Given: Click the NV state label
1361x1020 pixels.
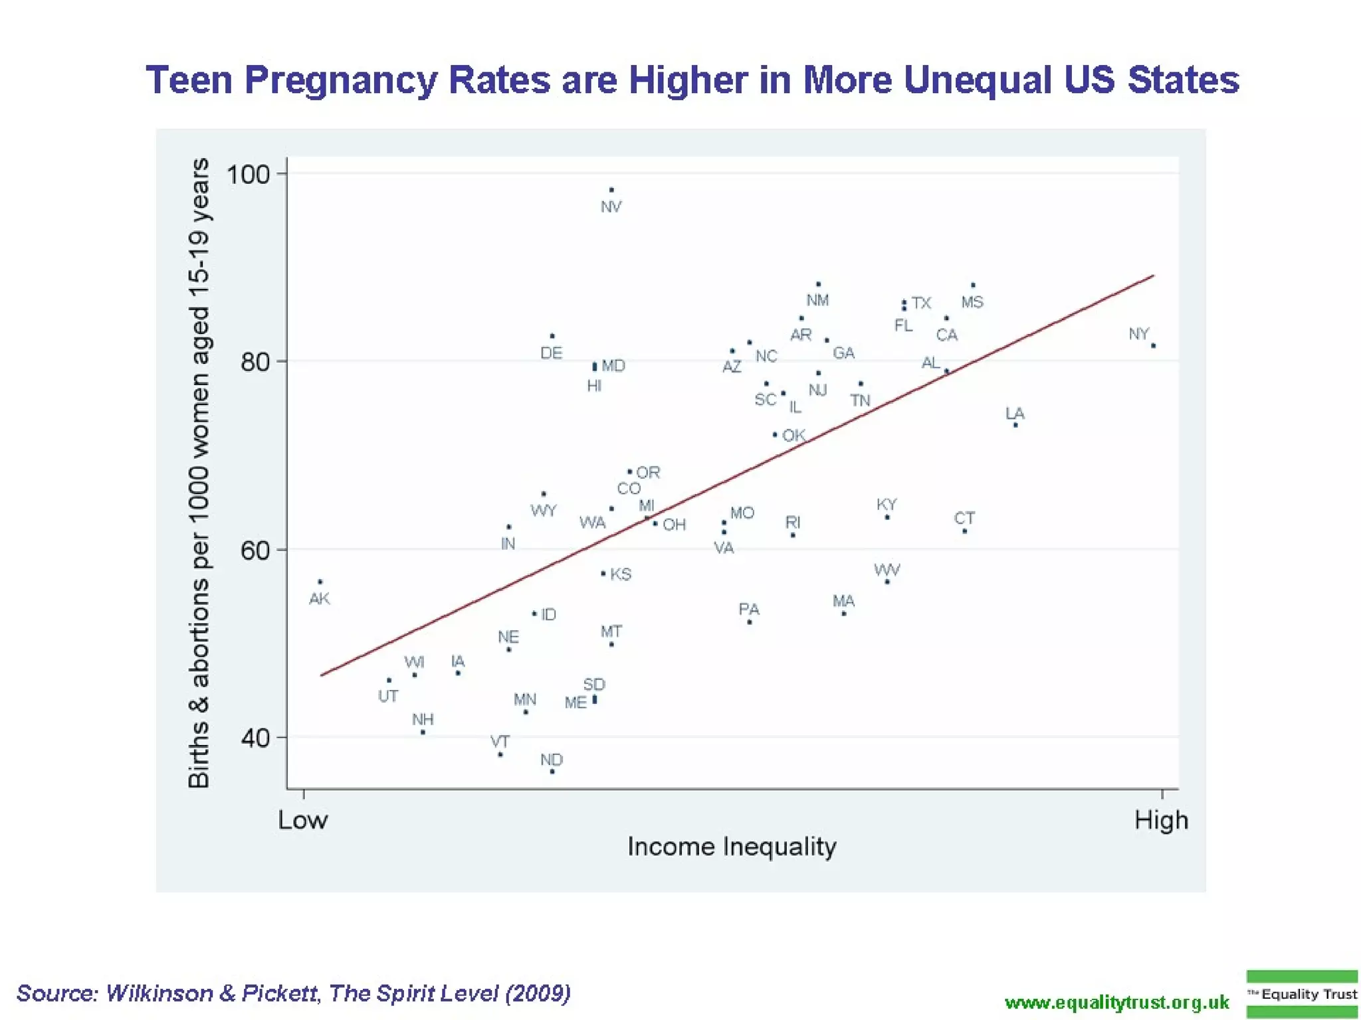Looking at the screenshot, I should pyautogui.click(x=611, y=207).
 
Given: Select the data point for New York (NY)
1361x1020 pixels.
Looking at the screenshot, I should pyautogui.click(x=1153, y=345).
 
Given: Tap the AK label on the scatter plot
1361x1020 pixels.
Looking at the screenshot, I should pyautogui.click(x=319, y=598).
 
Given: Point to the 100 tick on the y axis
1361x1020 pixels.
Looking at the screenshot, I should pyautogui.click(x=248, y=175).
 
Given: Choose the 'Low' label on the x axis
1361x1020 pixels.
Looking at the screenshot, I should pyautogui.click(x=302, y=820).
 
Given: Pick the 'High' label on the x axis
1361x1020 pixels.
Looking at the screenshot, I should pyautogui.click(x=1161, y=820).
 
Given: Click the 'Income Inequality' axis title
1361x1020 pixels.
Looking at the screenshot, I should pyautogui.click(x=732, y=847).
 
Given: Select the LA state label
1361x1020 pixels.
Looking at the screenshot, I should pyautogui.click(x=1015, y=414).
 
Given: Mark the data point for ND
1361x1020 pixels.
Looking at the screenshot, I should pyautogui.click(x=552, y=772).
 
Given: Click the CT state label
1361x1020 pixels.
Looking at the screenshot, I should pyautogui.click(x=964, y=518).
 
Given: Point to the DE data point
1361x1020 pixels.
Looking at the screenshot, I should pyautogui.click(x=552, y=336).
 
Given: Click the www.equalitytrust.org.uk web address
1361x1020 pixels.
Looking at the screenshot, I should pyautogui.click(x=1117, y=1002).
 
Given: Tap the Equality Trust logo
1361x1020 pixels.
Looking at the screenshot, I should pyautogui.click(x=1302, y=994).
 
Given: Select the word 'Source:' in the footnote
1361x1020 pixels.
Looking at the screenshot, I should pyautogui.click(x=58, y=993).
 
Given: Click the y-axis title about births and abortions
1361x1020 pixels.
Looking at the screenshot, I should pyautogui.click(x=199, y=473).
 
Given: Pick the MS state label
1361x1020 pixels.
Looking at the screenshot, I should pyautogui.click(x=972, y=302).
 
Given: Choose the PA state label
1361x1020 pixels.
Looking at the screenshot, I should pyautogui.click(x=748, y=609).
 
